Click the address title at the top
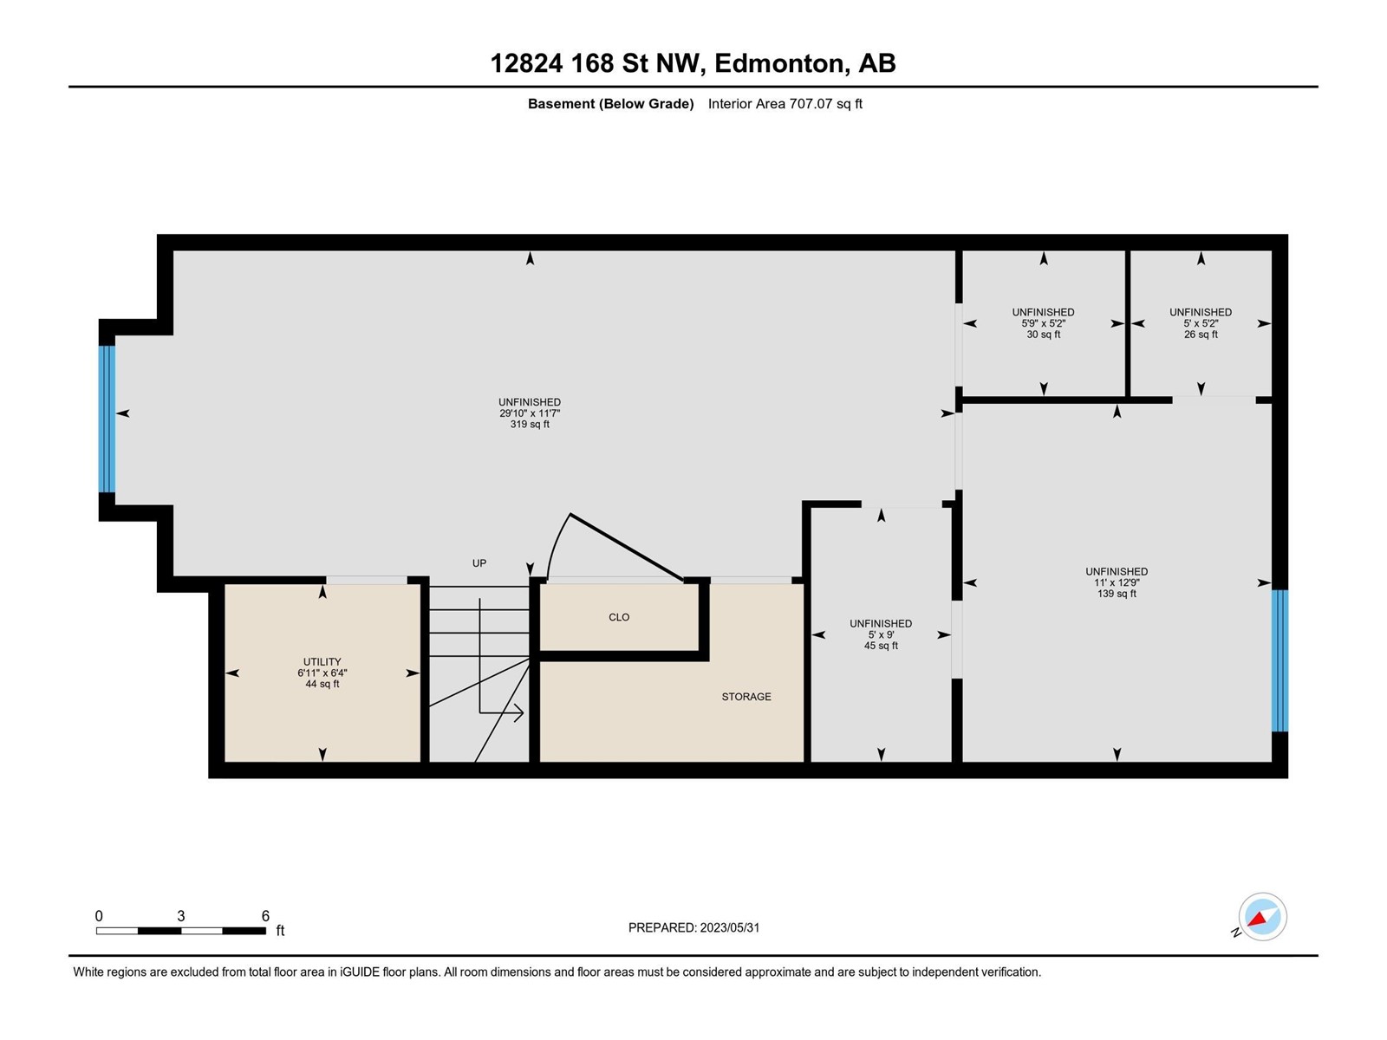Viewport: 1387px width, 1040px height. coord(693,63)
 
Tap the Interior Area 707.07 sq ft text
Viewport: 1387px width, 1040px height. coord(785,103)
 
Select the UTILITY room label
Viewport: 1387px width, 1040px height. coord(322,662)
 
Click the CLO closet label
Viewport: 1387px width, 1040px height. coord(619,617)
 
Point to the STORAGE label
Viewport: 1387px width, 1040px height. coord(746,697)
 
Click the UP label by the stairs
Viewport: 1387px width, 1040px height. coord(479,562)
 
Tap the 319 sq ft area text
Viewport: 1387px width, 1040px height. coord(530,425)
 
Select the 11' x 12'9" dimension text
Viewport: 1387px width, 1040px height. coord(1117,582)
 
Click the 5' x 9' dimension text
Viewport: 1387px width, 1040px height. coord(881,634)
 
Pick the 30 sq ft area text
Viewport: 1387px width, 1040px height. coord(1043,334)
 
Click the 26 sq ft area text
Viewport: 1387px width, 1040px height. coord(1201,334)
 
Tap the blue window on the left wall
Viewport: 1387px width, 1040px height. coord(107,419)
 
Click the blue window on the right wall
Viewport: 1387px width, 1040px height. coord(1280,660)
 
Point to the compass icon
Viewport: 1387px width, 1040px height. coord(1262,916)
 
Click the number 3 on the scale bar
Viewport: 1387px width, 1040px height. coord(180,915)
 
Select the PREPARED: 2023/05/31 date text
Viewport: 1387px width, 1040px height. coord(693,927)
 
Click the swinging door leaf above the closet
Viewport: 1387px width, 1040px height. coord(626,547)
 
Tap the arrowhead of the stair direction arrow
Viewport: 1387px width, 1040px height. coord(518,713)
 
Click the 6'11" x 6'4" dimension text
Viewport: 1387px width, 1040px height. coord(322,673)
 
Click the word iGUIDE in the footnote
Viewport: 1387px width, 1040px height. coord(360,972)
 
